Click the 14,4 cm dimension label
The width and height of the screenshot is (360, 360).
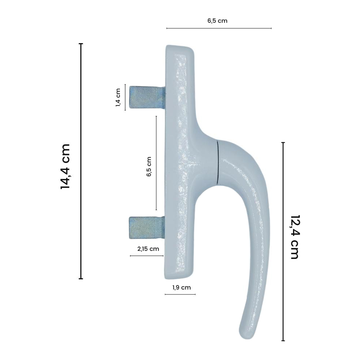tap(65, 166)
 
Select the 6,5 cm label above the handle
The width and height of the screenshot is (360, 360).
tap(217, 21)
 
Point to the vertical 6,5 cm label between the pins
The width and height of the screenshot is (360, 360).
tap(149, 166)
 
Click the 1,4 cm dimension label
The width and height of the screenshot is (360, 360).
tap(118, 98)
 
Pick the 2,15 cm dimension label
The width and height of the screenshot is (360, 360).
tap(148, 249)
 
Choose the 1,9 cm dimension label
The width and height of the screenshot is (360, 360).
tap(181, 287)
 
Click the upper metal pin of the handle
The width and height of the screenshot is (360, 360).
tap(147, 97)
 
